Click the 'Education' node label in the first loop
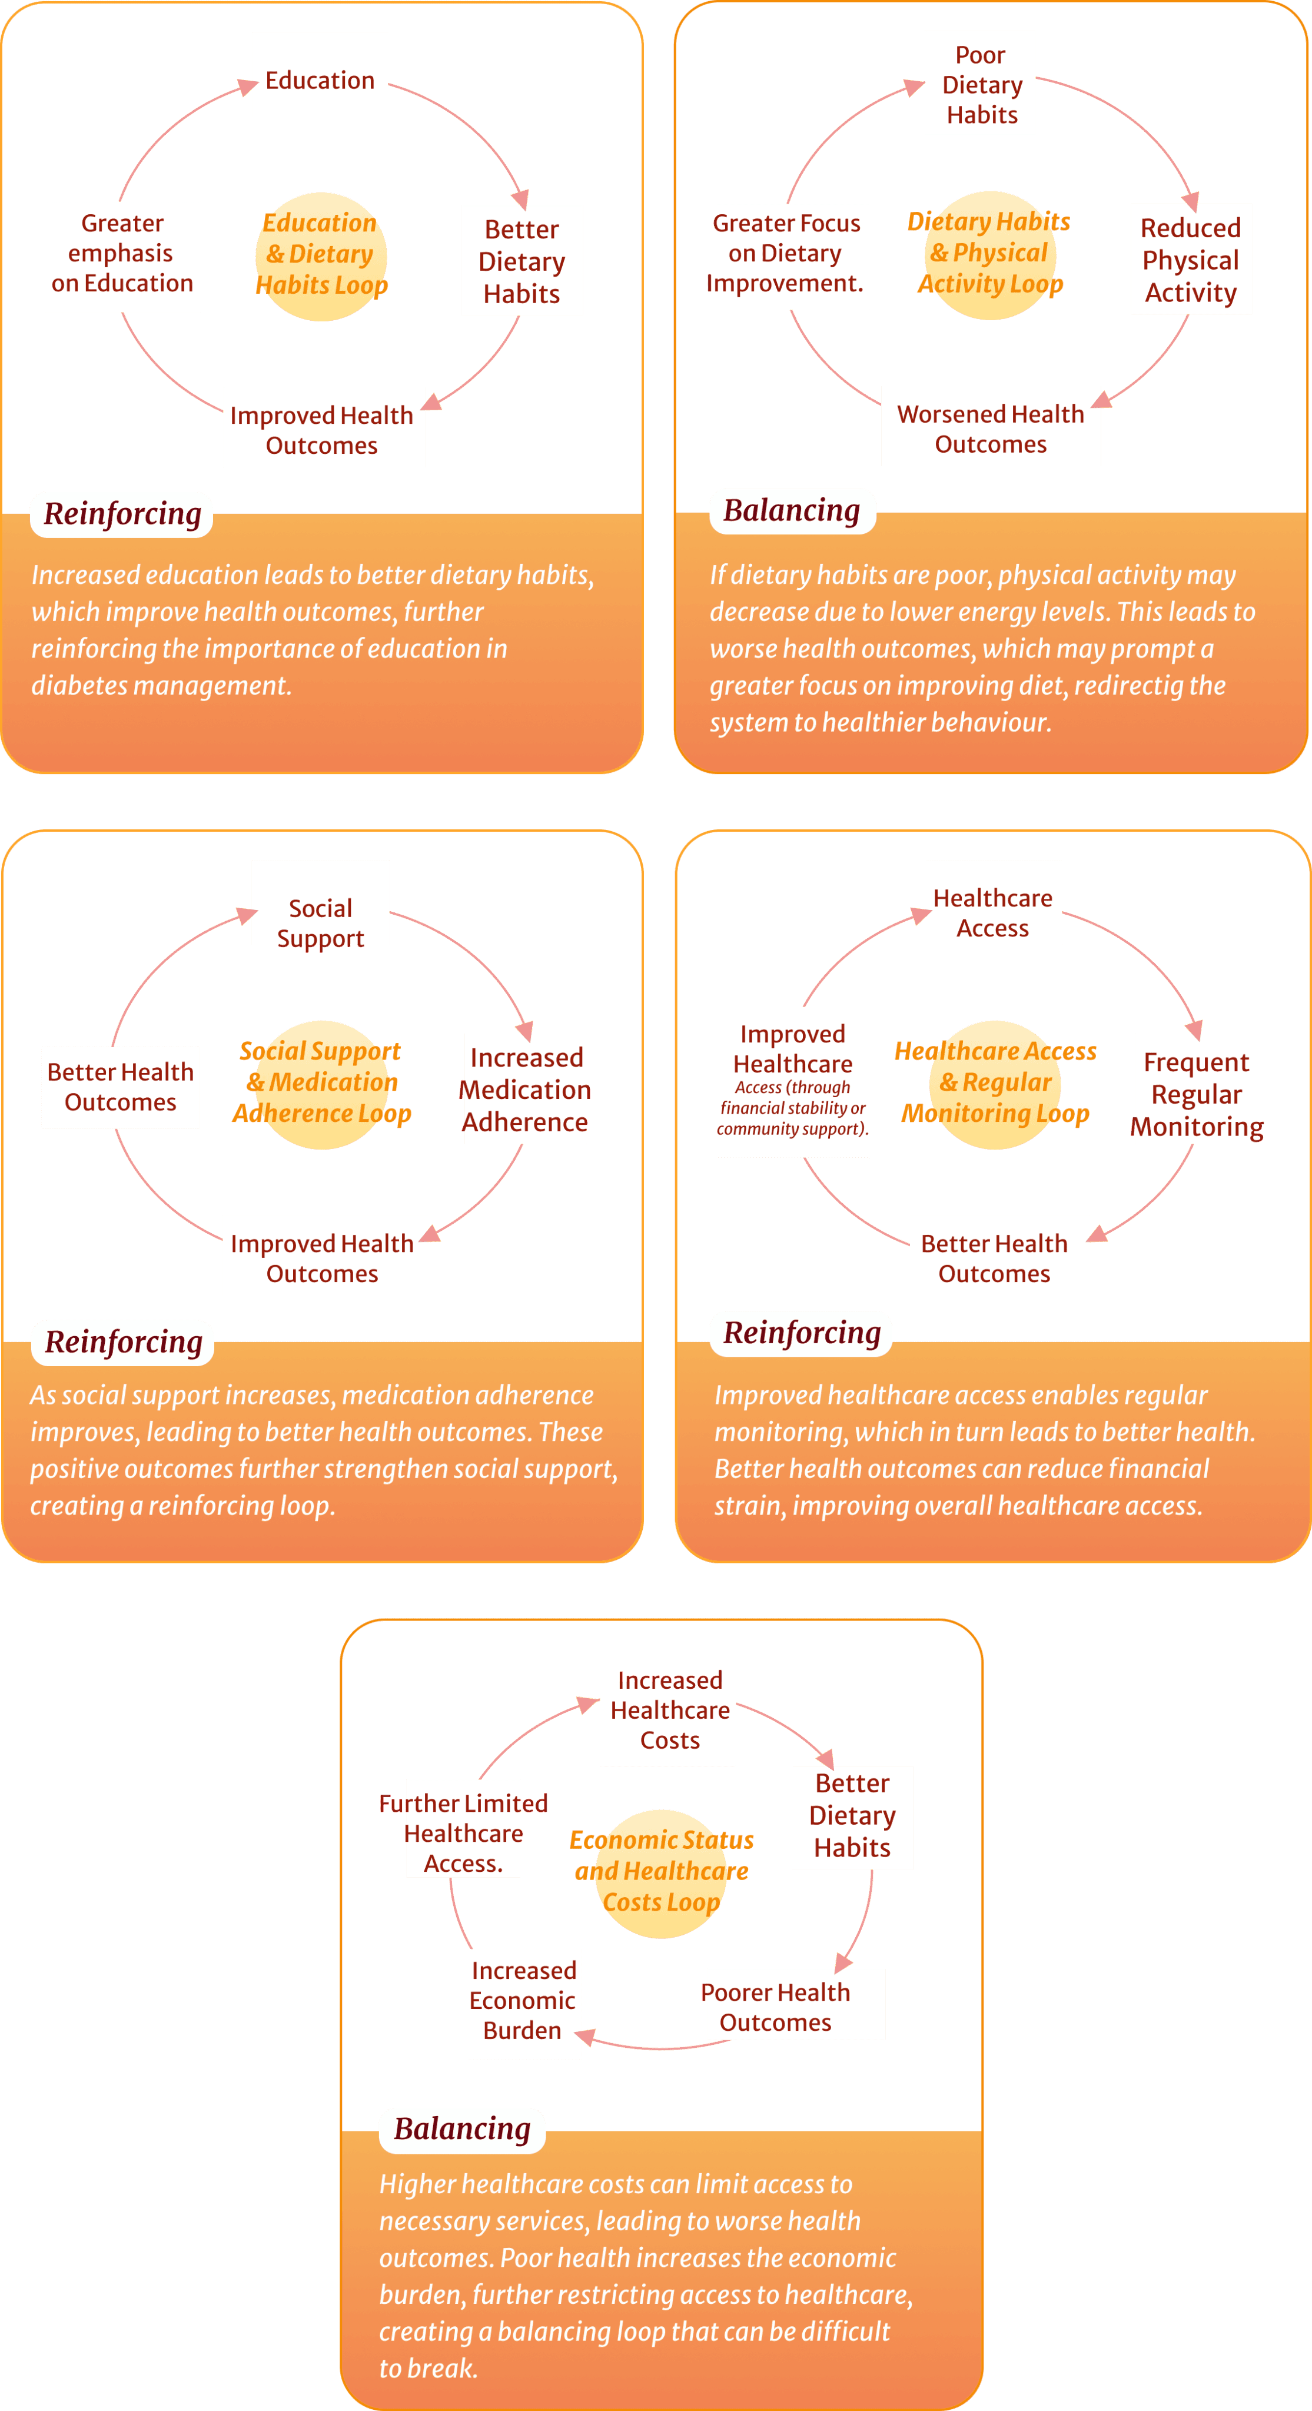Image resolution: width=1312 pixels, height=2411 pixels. (x=320, y=81)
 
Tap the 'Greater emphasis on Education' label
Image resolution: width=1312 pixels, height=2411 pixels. (x=122, y=253)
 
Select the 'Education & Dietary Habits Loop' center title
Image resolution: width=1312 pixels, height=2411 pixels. (x=321, y=254)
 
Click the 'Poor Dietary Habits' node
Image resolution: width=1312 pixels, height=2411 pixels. (x=982, y=85)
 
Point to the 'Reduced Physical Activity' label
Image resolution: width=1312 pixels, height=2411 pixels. (x=1190, y=260)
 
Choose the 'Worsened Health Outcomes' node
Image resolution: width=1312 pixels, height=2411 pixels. (x=991, y=429)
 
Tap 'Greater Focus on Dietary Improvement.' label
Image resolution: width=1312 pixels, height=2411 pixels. (x=785, y=253)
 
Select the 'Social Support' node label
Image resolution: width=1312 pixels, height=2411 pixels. (x=320, y=924)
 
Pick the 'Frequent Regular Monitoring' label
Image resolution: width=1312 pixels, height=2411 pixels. (x=1197, y=1094)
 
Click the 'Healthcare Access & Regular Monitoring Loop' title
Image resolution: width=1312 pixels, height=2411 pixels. (x=996, y=1082)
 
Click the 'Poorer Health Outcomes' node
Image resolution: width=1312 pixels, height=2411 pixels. (x=776, y=2007)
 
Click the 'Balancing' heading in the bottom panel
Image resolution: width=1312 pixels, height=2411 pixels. (x=462, y=2128)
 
